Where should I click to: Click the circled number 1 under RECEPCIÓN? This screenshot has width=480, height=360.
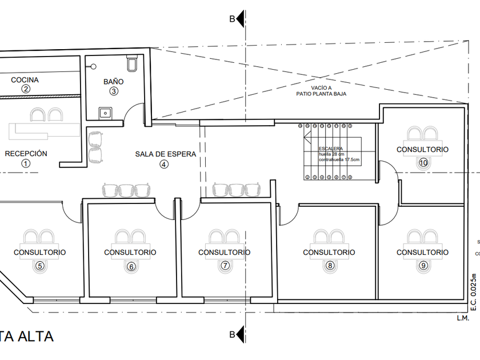coord(25,163)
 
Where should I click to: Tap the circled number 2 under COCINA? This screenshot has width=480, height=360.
coord(25,89)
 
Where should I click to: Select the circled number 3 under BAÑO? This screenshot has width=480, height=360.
coord(114,91)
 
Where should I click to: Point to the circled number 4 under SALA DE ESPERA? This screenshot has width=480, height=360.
coord(165,164)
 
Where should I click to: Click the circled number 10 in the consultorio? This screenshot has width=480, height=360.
coord(423,162)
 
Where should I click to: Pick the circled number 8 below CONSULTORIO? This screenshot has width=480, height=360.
coord(329,265)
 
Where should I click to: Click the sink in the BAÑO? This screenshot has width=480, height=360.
coord(105,112)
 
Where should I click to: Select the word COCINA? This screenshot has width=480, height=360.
coord(25,79)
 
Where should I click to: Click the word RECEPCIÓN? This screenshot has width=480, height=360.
coord(26,153)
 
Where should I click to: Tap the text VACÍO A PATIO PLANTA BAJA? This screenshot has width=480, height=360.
coord(321,90)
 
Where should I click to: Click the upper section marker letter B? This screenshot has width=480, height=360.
coord(232,19)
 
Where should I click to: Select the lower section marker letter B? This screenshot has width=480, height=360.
coord(232,334)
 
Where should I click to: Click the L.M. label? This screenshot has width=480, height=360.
coord(462,318)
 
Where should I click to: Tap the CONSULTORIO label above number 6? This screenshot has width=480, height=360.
coord(130,252)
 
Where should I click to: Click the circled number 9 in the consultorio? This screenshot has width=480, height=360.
coord(423,265)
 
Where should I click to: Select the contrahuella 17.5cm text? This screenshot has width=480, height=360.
coord(339,159)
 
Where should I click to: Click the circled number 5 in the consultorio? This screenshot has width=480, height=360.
coord(39,265)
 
